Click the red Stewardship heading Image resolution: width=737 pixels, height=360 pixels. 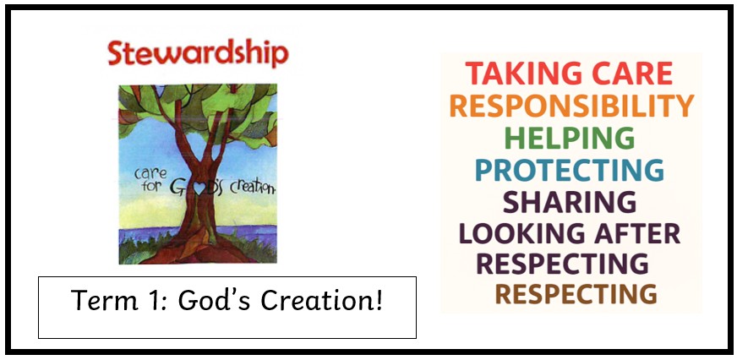tap(198, 53)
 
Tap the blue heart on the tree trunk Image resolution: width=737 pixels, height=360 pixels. tap(199, 188)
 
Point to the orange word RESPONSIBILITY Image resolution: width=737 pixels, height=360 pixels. tap(571, 106)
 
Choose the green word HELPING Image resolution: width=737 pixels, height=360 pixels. tap(570, 139)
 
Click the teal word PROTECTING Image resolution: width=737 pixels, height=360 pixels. tap(570, 170)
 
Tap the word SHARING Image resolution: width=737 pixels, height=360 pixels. tap(570, 202)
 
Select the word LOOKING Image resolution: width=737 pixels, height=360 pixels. tap(522, 233)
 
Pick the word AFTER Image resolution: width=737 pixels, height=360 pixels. tap(637, 233)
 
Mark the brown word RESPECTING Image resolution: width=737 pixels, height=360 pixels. tap(576, 294)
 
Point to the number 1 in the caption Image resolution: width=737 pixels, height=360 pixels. tap(148, 300)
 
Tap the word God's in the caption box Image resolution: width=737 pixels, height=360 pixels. tap(214, 300)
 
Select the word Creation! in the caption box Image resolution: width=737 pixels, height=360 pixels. tap(322, 300)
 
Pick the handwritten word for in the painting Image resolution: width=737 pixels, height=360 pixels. tap(152, 186)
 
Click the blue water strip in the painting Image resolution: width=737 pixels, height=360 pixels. tap(198, 233)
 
